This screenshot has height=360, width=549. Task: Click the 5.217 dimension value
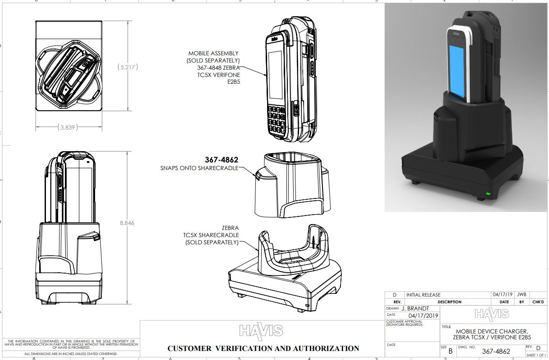tap(127, 67)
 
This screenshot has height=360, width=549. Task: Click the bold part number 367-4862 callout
tap(221, 160)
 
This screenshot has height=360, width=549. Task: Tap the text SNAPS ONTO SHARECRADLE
tap(199, 168)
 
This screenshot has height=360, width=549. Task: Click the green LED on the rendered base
tap(488, 194)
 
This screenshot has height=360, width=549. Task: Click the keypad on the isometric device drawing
tap(276, 119)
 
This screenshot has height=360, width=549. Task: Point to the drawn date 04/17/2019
tap(422, 315)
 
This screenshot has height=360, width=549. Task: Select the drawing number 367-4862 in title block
tap(496, 351)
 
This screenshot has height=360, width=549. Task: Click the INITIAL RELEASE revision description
tap(423, 295)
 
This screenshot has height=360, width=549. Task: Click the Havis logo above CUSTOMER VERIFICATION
tap(261, 331)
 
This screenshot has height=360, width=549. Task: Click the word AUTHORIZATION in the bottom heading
tap(326, 348)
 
